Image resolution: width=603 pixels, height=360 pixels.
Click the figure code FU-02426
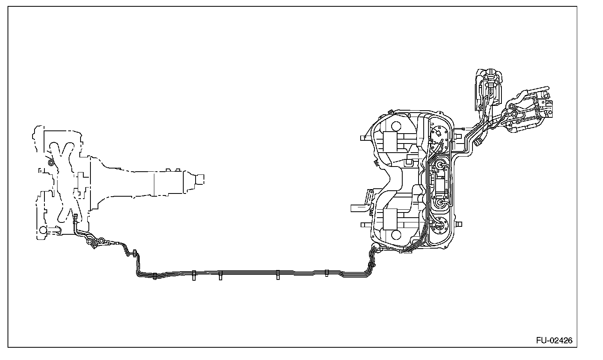point(554,341)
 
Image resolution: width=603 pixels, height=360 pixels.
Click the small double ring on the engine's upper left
point(50,163)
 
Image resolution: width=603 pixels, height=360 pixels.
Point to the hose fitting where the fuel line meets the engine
point(75,217)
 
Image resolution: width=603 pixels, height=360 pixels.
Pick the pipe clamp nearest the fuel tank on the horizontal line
point(326,273)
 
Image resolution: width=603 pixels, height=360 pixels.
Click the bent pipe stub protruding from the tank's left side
point(359,207)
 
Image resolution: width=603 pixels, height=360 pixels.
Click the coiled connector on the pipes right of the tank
point(477,141)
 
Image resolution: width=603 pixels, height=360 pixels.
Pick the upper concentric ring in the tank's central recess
point(440,165)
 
